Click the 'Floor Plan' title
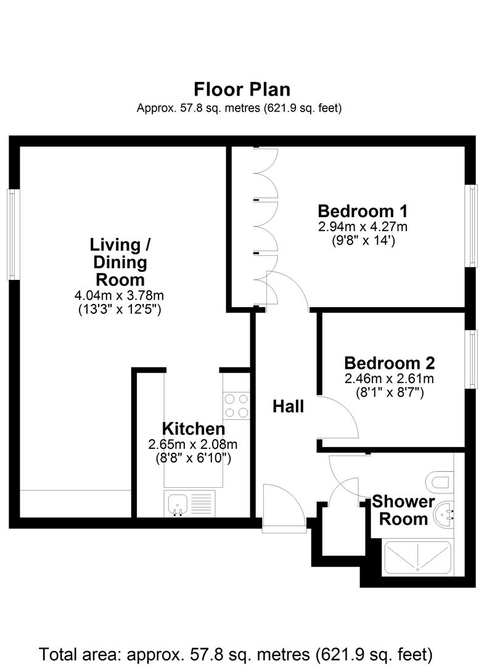pos(242,89)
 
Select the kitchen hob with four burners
pos(236,406)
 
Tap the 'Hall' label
pos(289,406)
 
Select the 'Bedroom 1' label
pos(363,210)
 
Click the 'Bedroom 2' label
pos(390,363)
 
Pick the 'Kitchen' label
pos(193,428)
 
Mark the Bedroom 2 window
pos(472,360)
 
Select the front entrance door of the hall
pos(284,503)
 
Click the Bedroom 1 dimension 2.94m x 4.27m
pos(363,226)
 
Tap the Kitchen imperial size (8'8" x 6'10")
pos(193,458)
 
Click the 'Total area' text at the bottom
pos(236,652)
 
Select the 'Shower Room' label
pos(403,510)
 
